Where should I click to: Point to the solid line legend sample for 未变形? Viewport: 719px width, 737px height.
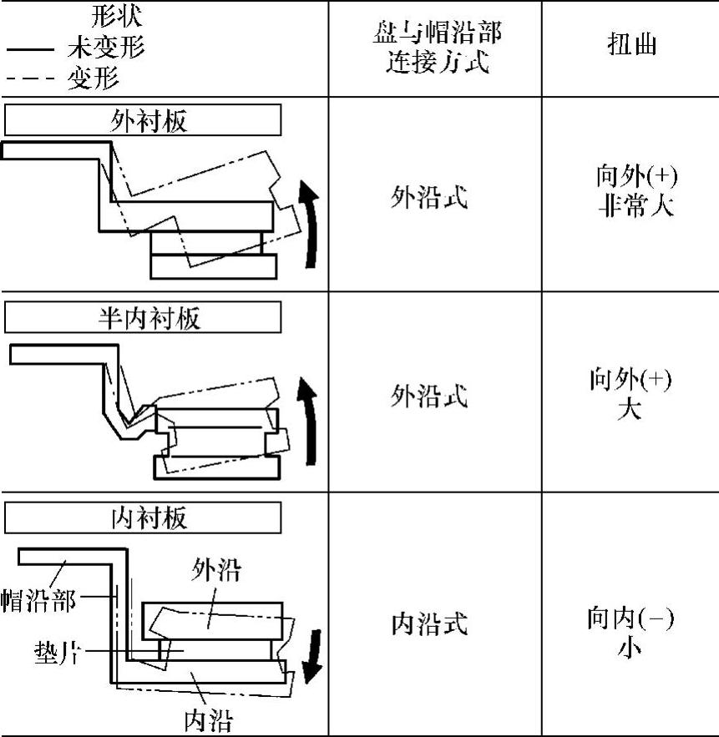31,50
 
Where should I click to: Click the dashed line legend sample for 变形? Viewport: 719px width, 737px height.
31,79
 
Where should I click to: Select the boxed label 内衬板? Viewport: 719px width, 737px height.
143,518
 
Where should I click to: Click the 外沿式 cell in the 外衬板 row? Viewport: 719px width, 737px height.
429,198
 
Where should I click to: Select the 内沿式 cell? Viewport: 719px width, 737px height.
429,624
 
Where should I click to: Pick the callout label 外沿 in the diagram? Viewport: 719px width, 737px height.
216,572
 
